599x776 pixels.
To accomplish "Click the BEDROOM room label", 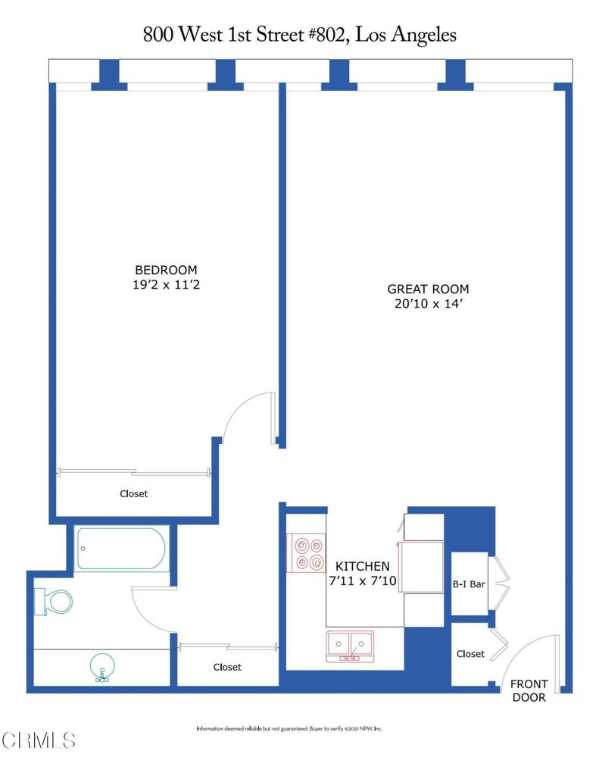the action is click(x=166, y=270).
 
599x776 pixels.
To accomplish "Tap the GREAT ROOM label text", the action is click(x=428, y=289).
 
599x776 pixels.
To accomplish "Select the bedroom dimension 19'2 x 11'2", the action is click(x=166, y=285).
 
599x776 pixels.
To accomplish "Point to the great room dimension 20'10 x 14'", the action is click(x=428, y=303).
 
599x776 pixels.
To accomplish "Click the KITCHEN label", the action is click(x=363, y=566).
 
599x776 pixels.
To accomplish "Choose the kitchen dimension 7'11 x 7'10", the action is click(x=363, y=580).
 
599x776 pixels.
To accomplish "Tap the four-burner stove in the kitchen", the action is click(x=306, y=553).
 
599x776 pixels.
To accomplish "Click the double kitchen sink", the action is click(x=350, y=646).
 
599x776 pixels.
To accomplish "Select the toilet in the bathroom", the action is click(x=54, y=601).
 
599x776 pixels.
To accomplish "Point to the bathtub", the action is click(x=121, y=549).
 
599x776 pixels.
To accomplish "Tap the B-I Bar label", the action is click(x=469, y=584).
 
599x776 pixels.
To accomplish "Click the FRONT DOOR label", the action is click(x=529, y=690).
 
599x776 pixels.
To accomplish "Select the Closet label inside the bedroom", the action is click(x=133, y=493).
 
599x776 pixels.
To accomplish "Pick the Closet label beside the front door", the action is click(x=470, y=654).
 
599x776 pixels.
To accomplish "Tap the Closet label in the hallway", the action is click(x=227, y=667).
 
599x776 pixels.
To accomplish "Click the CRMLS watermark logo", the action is click(x=39, y=740).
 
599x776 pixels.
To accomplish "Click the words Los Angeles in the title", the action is click(x=406, y=35).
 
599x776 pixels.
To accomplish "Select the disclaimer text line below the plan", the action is click(x=289, y=728).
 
